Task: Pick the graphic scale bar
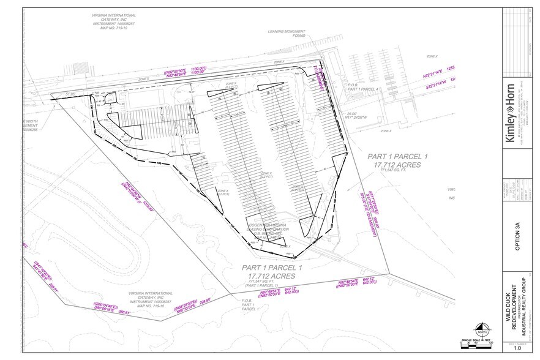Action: (x=478, y=344)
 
